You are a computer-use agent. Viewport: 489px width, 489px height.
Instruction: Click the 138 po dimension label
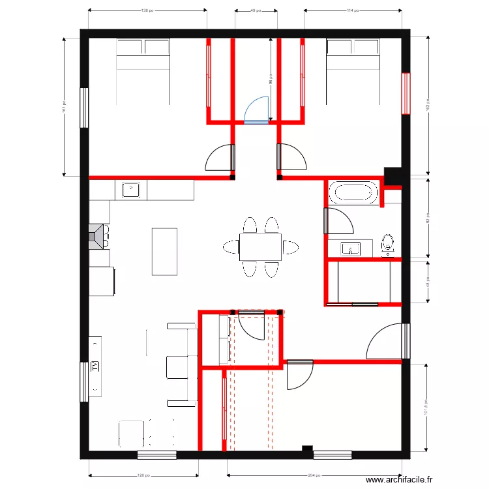[147, 10]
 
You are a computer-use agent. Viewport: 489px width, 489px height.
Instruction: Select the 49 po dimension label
[256, 10]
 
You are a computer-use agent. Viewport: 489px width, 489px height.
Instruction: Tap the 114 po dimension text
[353, 10]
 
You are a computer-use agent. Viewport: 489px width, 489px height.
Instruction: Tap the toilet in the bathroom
[388, 244]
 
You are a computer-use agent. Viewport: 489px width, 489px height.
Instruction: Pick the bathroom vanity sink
[351, 248]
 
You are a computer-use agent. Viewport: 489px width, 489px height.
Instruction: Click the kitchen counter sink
[131, 190]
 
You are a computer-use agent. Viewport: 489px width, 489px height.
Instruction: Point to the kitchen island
[164, 251]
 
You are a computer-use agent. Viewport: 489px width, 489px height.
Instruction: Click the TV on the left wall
[95, 366]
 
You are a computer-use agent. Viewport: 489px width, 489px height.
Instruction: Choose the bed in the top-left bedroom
[143, 70]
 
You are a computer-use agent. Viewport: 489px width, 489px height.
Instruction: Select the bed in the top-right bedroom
[353, 70]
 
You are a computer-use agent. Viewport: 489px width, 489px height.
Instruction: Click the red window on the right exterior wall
[406, 93]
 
